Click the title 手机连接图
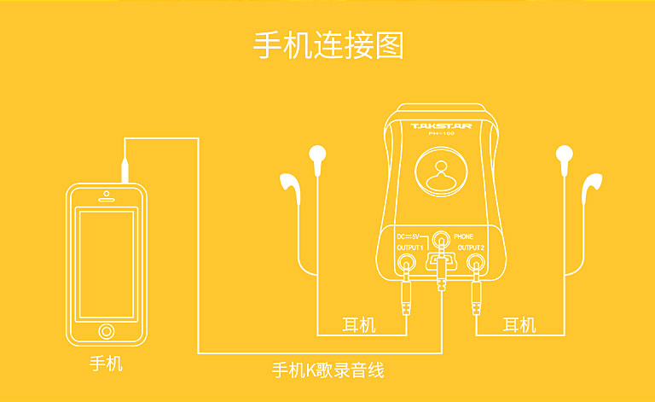pyautogui.click(x=328, y=44)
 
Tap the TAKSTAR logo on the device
pyautogui.click(x=440, y=126)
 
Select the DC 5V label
pyautogui.click(x=409, y=236)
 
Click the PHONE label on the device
pyautogui.click(x=464, y=236)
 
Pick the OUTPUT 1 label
pyautogui.click(x=409, y=248)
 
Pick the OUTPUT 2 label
pyautogui.click(x=471, y=248)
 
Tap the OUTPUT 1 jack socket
pyautogui.click(x=408, y=263)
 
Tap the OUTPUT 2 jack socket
pyautogui.click(x=474, y=263)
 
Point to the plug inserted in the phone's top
pyautogui.click(x=125, y=166)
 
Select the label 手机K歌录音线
pyautogui.click(x=327, y=370)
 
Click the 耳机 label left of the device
pyautogui.click(x=358, y=325)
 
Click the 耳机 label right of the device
pyautogui.click(x=519, y=325)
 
